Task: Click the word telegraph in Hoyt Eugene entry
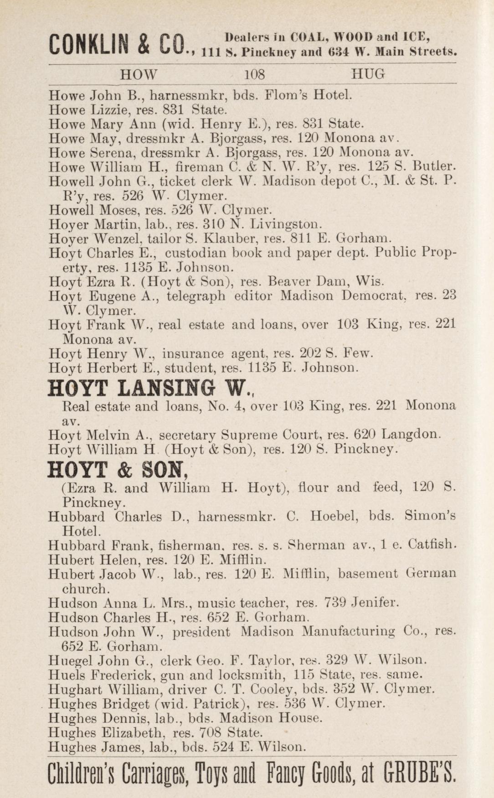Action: click(196, 296)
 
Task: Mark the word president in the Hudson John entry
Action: click(201, 632)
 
